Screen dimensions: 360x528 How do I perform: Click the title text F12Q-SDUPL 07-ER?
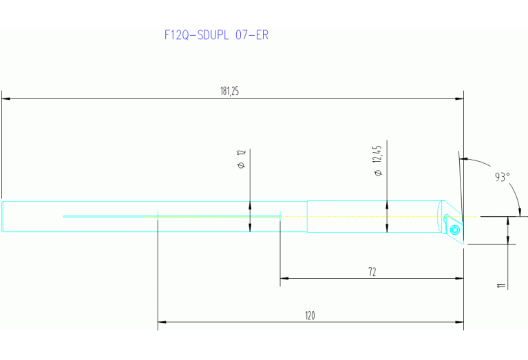pos(216,35)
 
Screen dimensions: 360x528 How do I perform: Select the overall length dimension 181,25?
pos(230,92)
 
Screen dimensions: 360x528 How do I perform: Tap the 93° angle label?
pos(503,177)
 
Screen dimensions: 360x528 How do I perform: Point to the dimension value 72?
pos(372,272)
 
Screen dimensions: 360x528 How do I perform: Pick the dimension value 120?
pos(310,315)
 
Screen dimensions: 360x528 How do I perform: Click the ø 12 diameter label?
pos(242,160)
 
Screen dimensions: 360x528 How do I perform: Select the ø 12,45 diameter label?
pos(377,160)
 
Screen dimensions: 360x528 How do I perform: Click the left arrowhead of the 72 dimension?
pos(284,279)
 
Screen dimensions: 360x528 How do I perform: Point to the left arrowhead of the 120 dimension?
pos(162,321)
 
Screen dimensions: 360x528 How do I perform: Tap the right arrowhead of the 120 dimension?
pos(459,321)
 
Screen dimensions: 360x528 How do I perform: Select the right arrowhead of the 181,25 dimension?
pos(459,99)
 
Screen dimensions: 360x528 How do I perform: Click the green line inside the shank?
pos(172,216)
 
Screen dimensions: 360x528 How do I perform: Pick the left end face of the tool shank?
pos(2,217)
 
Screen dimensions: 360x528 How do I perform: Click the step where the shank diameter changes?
pos(307,216)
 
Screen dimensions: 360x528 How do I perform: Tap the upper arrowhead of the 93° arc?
pos(468,160)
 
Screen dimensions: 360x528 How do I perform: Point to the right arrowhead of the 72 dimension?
pos(459,279)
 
